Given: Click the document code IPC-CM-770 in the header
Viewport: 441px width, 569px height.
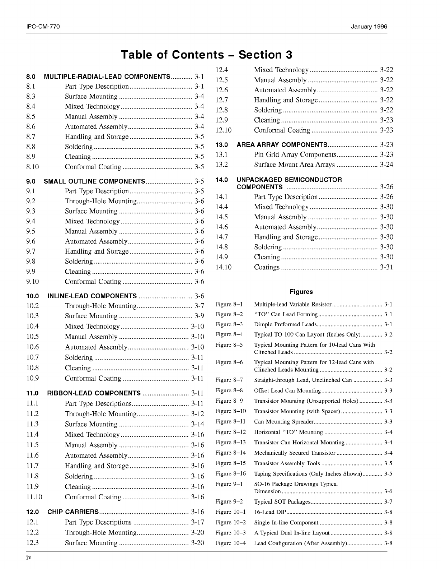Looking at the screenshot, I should (43, 27).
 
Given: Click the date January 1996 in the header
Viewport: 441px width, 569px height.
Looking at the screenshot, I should (369, 27).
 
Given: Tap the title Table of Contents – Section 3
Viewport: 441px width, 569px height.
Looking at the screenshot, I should (207, 55).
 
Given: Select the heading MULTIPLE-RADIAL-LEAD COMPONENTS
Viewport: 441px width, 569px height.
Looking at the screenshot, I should (107, 77).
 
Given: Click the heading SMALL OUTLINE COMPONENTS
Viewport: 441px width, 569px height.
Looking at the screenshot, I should (94, 181).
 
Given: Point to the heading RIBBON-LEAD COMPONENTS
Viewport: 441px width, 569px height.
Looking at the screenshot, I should (94, 393).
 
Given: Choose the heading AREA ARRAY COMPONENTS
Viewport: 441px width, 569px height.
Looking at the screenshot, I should (282, 145).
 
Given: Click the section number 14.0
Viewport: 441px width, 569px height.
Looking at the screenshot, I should (222, 180).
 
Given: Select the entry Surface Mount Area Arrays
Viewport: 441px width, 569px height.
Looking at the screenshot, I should (294, 165).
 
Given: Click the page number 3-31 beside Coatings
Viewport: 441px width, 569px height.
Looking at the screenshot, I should (386, 267).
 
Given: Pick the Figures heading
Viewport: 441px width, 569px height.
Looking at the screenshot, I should (301, 292).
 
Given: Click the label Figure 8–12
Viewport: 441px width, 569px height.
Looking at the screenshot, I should (231, 432).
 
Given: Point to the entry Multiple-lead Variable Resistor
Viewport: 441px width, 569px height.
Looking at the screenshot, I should (292, 304).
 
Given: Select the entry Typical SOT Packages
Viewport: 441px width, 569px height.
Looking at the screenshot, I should (282, 501).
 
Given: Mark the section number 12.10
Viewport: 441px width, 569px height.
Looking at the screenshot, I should (224, 130).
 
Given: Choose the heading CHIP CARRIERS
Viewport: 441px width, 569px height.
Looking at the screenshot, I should (73, 512).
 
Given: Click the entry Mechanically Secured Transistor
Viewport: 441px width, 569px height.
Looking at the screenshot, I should (295, 453).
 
